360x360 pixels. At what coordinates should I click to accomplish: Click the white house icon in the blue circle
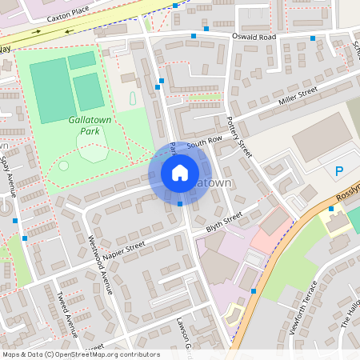180,173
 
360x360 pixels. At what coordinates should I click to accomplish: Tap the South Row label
204,142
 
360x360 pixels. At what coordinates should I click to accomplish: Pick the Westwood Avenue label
102,263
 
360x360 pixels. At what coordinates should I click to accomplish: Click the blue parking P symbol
338,171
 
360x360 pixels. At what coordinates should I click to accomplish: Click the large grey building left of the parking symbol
320,136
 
